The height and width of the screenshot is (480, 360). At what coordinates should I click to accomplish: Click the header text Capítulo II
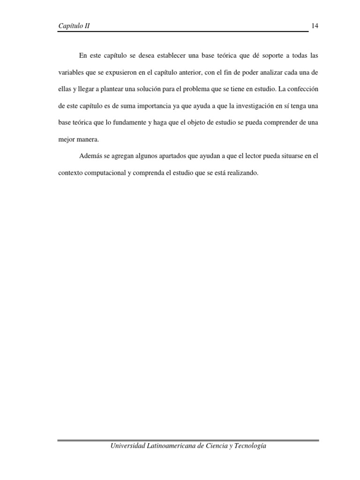tap(74, 26)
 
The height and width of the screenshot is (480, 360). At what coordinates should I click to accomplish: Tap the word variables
tap(71, 73)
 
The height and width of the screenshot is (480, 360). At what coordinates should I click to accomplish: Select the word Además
tap(90, 156)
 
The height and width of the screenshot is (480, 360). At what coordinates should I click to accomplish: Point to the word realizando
tap(241, 173)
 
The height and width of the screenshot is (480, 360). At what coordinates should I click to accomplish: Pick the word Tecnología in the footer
tap(249, 446)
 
